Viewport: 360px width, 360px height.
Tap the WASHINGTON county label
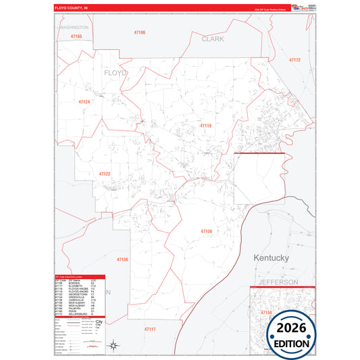click(75, 28)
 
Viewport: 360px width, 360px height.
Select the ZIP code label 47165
click(75, 36)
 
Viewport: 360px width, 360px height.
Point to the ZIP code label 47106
click(139, 32)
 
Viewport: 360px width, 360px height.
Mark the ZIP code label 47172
click(294, 61)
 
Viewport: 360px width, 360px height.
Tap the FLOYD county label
click(115, 72)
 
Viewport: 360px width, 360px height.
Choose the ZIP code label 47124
click(84, 101)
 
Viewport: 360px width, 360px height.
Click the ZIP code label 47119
click(205, 126)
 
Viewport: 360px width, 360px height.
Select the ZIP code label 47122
click(104, 174)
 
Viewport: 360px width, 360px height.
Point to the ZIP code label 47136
click(122, 259)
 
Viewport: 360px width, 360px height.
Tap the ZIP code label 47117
click(149, 328)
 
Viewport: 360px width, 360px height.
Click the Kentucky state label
click(271, 258)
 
